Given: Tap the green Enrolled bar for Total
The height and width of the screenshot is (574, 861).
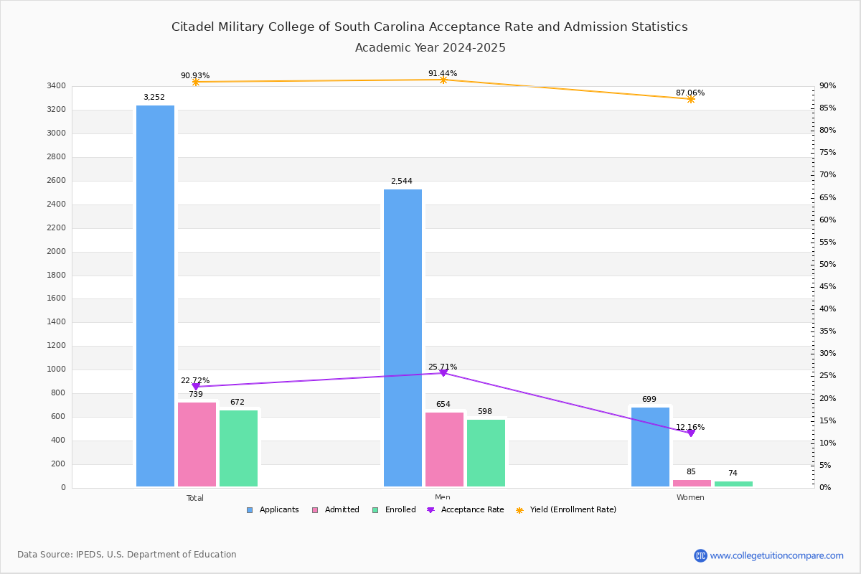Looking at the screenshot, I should click(238, 448).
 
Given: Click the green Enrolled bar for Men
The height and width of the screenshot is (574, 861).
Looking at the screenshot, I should click(486, 452).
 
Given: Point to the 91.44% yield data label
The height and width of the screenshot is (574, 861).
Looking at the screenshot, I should click(443, 73).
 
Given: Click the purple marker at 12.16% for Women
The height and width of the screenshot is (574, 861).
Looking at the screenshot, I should click(691, 433).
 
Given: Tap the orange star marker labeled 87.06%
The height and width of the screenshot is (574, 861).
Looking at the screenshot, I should click(691, 99).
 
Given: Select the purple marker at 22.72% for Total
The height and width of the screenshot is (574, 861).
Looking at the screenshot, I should click(196, 387).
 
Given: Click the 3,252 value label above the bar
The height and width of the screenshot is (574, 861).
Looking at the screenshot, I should click(154, 97).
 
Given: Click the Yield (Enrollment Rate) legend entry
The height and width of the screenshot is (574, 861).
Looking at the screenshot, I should click(572, 510).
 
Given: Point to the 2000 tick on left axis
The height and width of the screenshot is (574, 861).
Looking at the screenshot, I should click(57, 252).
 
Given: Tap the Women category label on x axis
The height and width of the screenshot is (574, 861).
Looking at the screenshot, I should click(690, 498).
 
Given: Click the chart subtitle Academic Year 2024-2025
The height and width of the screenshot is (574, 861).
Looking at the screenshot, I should click(430, 48).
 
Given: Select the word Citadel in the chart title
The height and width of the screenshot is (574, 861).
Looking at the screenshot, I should click(192, 27).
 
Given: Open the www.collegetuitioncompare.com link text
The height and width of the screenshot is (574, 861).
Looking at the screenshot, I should click(776, 555).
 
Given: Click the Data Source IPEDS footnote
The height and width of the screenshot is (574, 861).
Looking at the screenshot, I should click(127, 555).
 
